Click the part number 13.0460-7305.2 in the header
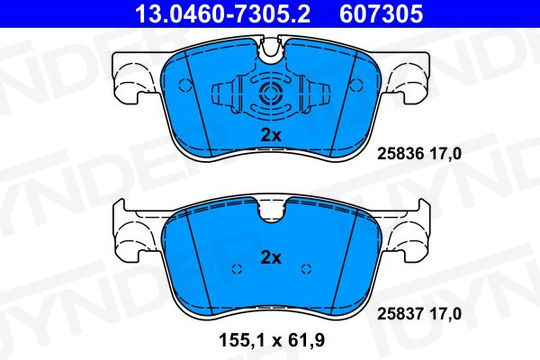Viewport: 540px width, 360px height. pos(222,14)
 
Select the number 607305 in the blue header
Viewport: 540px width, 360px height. pos(381,14)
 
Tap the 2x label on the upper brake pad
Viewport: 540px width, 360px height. pos(271,136)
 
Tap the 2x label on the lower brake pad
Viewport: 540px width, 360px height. pos(271,257)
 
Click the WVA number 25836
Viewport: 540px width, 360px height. pos(401,154)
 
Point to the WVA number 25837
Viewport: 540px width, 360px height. pos(401,314)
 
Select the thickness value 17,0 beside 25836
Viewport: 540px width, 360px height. pos(445,154)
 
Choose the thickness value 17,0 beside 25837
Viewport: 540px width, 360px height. pos(445,314)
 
